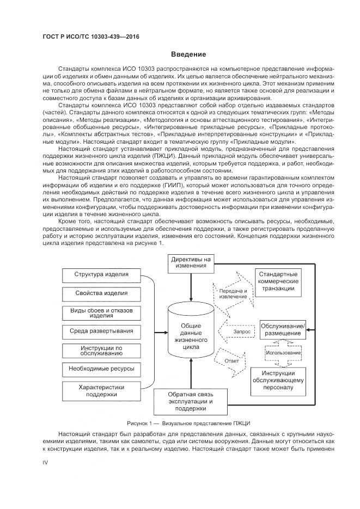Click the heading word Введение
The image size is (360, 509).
(188, 54)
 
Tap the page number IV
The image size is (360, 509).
(46, 462)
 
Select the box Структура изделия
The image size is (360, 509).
(101, 275)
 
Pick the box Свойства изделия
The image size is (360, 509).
(101, 293)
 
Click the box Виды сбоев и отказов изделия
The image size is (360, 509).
(101, 312)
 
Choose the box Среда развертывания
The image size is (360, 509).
(101, 331)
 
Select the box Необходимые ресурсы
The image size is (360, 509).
(101, 369)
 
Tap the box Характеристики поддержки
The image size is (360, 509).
(101, 391)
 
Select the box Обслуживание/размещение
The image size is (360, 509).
(283, 329)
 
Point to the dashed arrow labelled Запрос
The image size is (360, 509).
(238, 330)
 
